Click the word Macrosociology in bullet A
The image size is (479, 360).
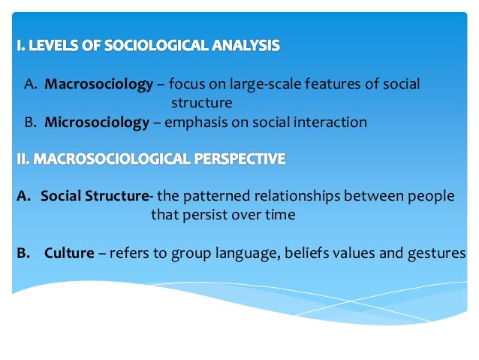[98, 83]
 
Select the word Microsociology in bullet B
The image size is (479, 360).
[97, 123]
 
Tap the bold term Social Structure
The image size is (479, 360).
[94, 196]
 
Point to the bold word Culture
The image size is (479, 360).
[69, 253]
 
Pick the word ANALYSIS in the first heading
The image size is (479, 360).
[242, 47]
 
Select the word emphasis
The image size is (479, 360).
[196, 123]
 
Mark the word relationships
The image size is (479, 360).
[291, 196]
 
